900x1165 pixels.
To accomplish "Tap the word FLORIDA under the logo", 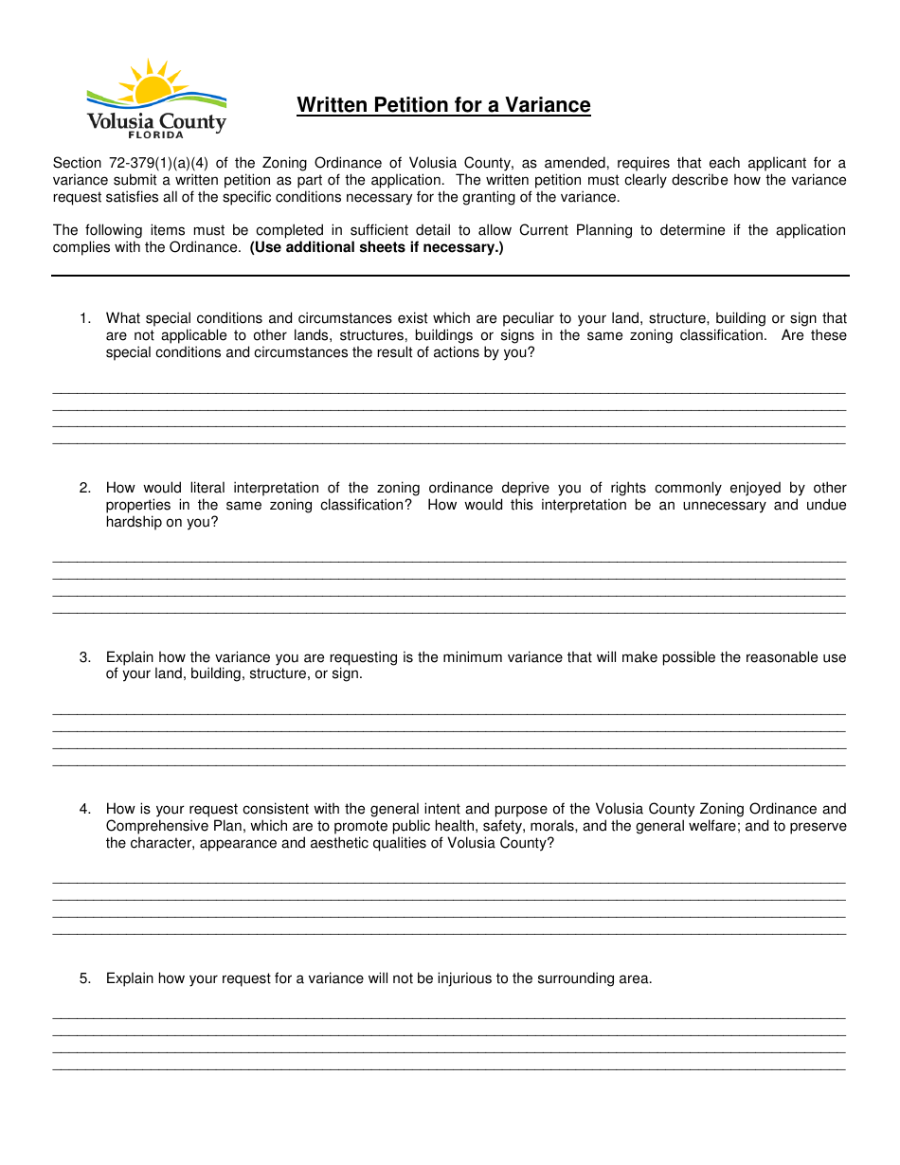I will (156, 135).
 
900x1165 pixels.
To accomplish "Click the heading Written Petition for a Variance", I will (443, 105).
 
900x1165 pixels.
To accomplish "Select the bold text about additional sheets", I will (376, 247).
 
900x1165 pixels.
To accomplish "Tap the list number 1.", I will (85, 318).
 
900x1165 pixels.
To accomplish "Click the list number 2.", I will (85, 488).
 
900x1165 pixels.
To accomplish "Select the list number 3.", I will (85, 657).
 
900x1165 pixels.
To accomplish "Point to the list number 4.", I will (85, 809).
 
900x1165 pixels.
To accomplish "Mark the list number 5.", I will (85, 978).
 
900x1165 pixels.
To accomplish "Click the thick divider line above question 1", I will (450, 276).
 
